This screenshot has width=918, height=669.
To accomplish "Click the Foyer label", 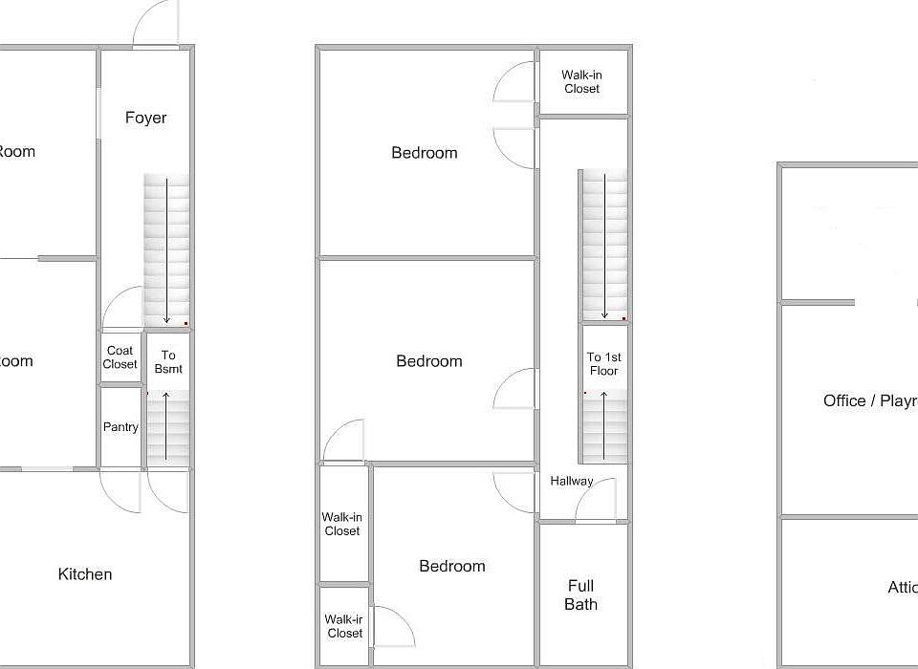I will [x=145, y=118].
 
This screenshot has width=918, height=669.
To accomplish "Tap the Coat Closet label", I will [x=120, y=357].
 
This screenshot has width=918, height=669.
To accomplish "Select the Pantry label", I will [x=120, y=427].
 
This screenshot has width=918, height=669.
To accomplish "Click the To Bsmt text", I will [x=167, y=362].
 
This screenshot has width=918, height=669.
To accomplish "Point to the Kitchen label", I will [x=85, y=574].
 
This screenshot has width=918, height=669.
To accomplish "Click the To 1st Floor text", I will [x=603, y=364].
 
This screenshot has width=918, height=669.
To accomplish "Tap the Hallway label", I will [x=571, y=482].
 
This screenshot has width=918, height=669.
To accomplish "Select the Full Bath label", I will [x=580, y=594].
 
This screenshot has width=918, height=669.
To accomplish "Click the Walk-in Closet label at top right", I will [x=581, y=82].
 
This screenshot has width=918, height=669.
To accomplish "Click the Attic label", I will [x=903, y=588].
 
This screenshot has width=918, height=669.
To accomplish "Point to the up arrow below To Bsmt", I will [x=167, y=426].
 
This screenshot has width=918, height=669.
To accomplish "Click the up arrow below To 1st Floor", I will [x=603, y=426].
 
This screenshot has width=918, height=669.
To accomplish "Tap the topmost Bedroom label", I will [x=425, y=153].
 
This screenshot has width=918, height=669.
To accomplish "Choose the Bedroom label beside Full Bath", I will [x=452, y=567].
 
